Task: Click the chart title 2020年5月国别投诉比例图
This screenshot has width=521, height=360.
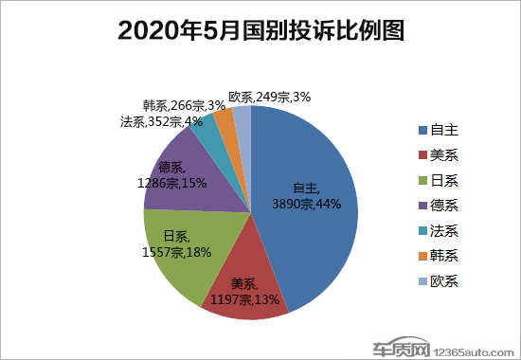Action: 260,31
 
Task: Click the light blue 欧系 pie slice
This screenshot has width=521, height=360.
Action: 243,121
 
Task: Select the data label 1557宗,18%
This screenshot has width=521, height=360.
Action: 176,252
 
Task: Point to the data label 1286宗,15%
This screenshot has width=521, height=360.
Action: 173,182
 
